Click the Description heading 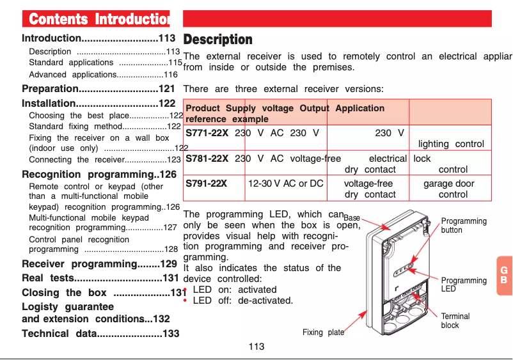[x=217, y=40]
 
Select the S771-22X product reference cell [x=207, y=133]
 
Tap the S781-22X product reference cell [x=207, y=159]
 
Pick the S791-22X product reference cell [x=206, y=184]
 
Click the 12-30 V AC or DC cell [x=286, y=184]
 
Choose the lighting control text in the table [x=451, y=145]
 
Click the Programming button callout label [x=464, y=225]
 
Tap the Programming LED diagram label [x=464, y=285]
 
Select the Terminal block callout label [x=455, y=321]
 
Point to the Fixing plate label [x=323, y=333]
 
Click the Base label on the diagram [x=352, y=218]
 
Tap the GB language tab [x=503, y=276]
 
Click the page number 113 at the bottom [x=256, y=347]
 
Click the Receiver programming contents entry [x=99, y=264]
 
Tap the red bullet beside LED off [x=185, y=301]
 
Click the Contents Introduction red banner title [x=96, y=19]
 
